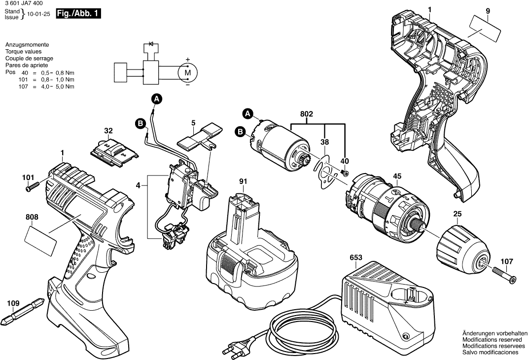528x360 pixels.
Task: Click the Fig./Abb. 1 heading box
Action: [x=78, y=14]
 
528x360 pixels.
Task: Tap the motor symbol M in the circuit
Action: [x=187, y=72]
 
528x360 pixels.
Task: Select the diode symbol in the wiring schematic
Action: [x=151, y=44]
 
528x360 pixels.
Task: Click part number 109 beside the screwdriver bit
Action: [x=13, y=303]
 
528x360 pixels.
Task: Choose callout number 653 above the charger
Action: [x=356, y=258]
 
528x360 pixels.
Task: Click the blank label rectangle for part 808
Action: [x=41, y=241]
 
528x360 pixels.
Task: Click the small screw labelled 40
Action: [x=345, y=173]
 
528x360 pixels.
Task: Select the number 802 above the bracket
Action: [x=307, y=114]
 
